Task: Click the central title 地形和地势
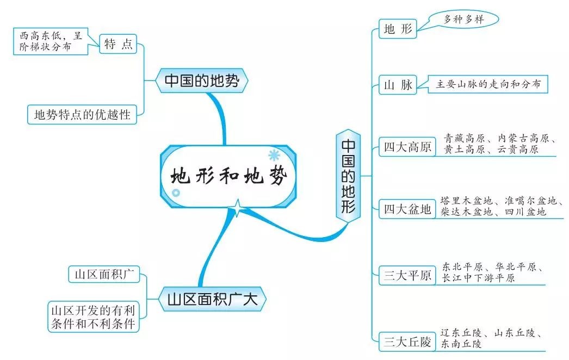click(228, 177)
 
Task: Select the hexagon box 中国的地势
click(202, 80)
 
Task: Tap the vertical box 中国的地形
click(348, 176)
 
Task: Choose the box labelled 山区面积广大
click(212, 300)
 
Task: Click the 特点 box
click(118, 44)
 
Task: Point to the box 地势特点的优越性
click(82, 115)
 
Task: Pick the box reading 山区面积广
click(104, 274)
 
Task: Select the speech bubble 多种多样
click(463, 19)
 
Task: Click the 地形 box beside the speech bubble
click(398, 29)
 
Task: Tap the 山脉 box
click(398, 85)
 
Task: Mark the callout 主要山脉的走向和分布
click(488, 84)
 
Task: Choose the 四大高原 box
click(407, 147)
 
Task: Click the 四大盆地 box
click(407, 209)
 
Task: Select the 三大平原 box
click(407, 276)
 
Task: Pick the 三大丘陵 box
click(407, 342)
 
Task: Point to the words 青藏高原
click(465, 138)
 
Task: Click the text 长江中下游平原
click(478, 278)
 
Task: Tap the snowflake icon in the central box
click(274, 155)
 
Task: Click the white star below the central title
click(237, 208)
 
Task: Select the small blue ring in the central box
click(176, 193)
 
